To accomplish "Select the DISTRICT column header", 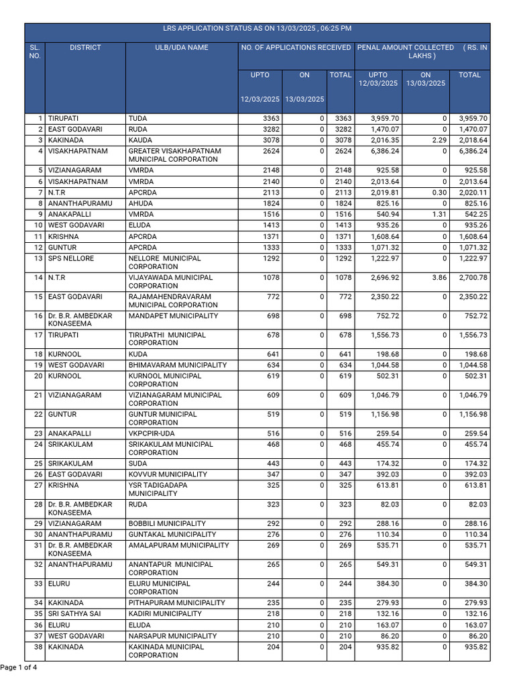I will click(x=85, y=48).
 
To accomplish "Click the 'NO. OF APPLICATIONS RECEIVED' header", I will click(x=296, y=48).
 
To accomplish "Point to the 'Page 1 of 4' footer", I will click(x=19, y=668).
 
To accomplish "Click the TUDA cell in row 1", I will click(x=137, y=119).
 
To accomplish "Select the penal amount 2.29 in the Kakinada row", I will click(x=438, y=140).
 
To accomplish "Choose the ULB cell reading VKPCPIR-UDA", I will click(x=152, y=433).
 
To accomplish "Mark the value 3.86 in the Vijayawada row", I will click(x=438, y=277).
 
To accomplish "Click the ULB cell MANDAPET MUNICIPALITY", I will click(x=173, y=315).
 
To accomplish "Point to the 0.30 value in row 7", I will click(x=438, y=193).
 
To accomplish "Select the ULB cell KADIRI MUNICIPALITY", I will click(x=165, y=614).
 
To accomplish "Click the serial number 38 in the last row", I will click(x=38, y=647).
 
